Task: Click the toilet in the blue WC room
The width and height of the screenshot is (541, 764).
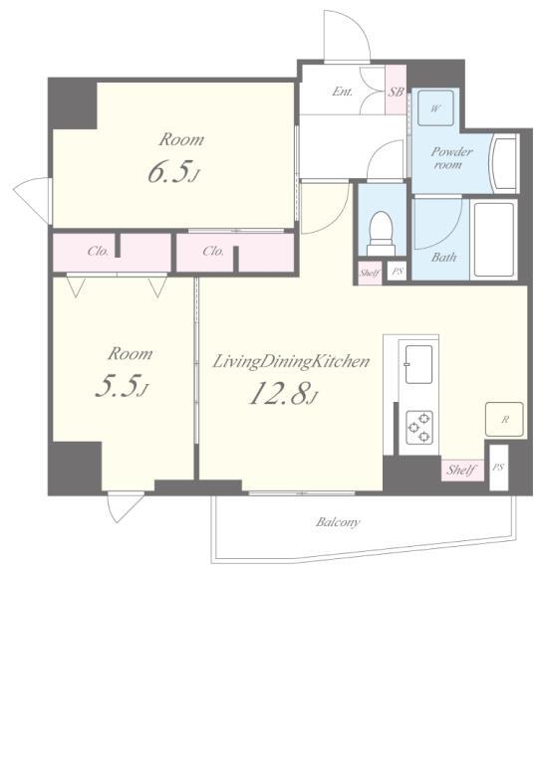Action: pyautogui.click(x=381, y=234)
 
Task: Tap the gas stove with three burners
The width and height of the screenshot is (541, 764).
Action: pyautogui.click(x=419, y=427)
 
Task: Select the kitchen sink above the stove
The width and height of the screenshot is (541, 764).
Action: pyautogui.click(x=418, y=364)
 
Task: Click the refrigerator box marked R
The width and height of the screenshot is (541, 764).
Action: pyautogui.click(x=504, y=419)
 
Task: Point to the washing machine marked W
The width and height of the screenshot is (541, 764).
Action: pyautogui.click(x=435, y=108)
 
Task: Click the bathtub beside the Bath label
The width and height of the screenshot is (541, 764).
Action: pyautogui.click(x=494, y=240)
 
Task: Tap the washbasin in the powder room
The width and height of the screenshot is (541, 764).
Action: pyautogui.click(x=505, y=163)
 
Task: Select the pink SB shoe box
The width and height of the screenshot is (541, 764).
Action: pyautogui.click(x=397, y=91)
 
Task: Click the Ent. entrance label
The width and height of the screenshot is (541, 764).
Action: pyautogui.click(x=342, y=92)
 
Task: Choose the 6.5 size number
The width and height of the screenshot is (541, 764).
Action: pyautogui.click(x=168, y=173)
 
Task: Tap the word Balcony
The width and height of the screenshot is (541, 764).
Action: pyautogui.click(x=338, y=522)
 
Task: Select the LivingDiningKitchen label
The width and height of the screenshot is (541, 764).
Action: pyautogui.click(x=291, y=362)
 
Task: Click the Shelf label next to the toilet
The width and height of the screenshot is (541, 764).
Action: pyautogui.click(x=370, y=273)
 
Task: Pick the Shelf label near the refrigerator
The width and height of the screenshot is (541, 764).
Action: pyautogui.click(x=461, y=471)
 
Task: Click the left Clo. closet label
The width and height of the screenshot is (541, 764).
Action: pyautogui.click(x=98, y=252)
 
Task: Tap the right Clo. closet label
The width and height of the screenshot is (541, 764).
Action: pyautogui.click(x=213, y=252)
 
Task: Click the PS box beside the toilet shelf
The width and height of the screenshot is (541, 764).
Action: pyautogui.click(x=398, y=271)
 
